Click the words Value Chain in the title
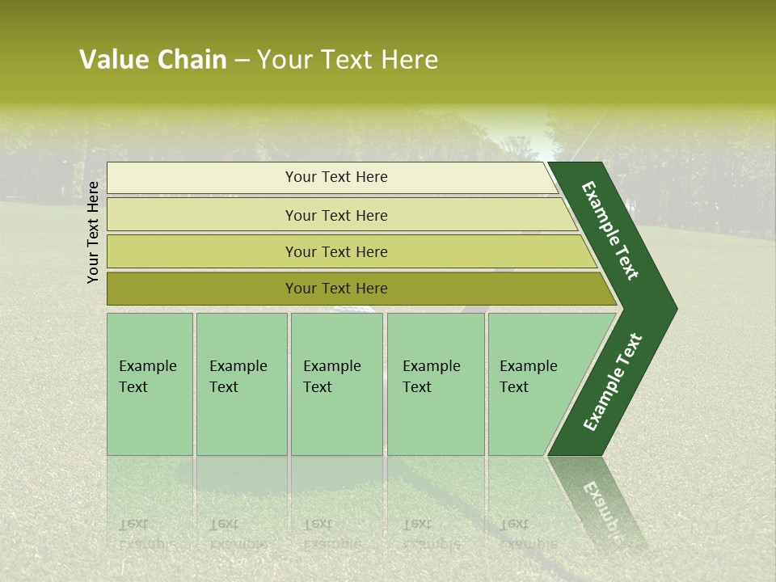pos(153,60)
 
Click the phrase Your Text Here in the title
pos(348,60)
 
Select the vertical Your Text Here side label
pos(94,232)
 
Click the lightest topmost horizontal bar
pos(335,177)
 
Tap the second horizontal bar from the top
pos(335,215)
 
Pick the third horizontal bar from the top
pos(335,251)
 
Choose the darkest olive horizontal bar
pos(335,289)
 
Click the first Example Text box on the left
pos(150,384)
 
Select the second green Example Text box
pos(241,384)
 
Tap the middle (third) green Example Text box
pos(336,384)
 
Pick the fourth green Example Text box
pos(435,384)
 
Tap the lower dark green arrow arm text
pos(613,382)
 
